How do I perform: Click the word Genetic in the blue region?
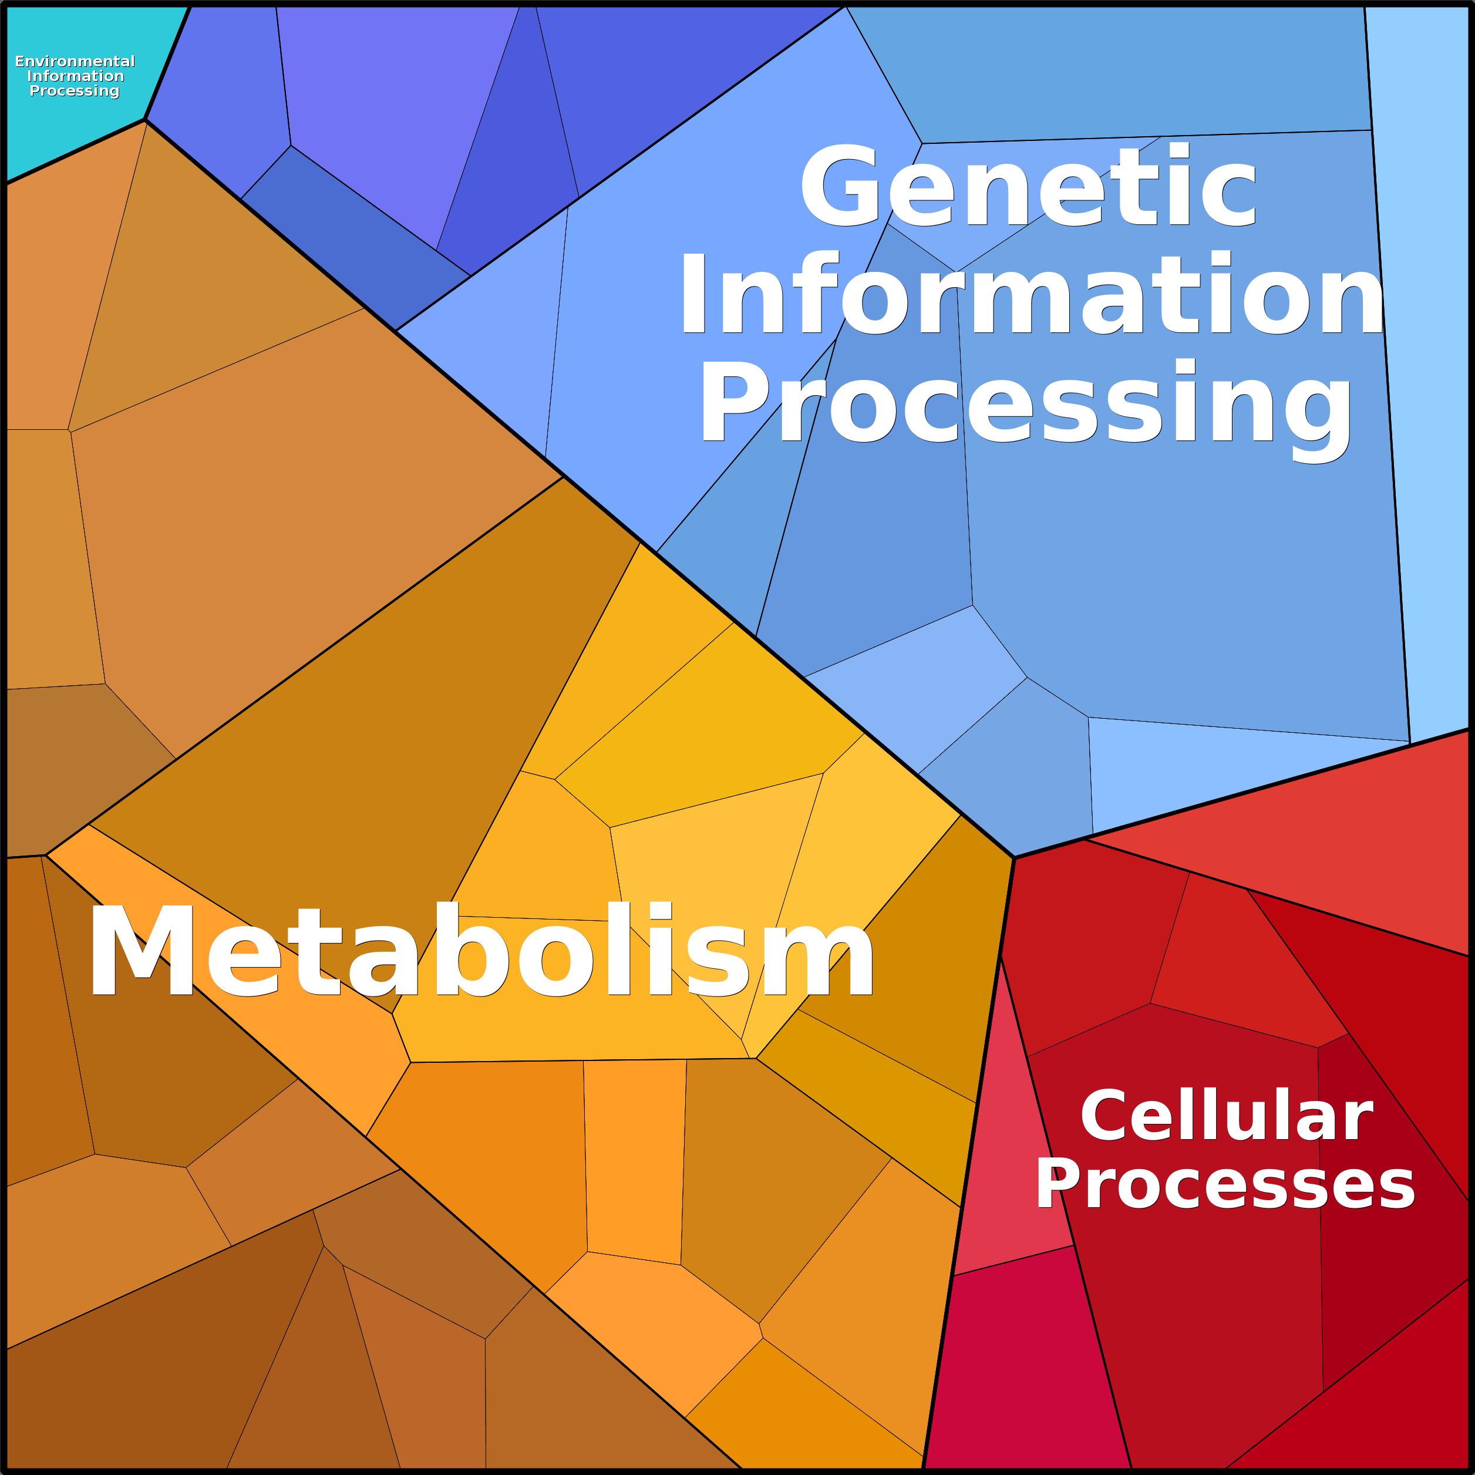[1028, 186]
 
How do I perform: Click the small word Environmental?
[75, 61]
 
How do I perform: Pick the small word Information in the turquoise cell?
[75, 76]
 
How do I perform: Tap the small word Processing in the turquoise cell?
[75, 91]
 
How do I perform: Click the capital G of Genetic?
[839, 186]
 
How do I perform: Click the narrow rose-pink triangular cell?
[1008, 1122]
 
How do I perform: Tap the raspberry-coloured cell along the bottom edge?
[1023, 1366]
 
